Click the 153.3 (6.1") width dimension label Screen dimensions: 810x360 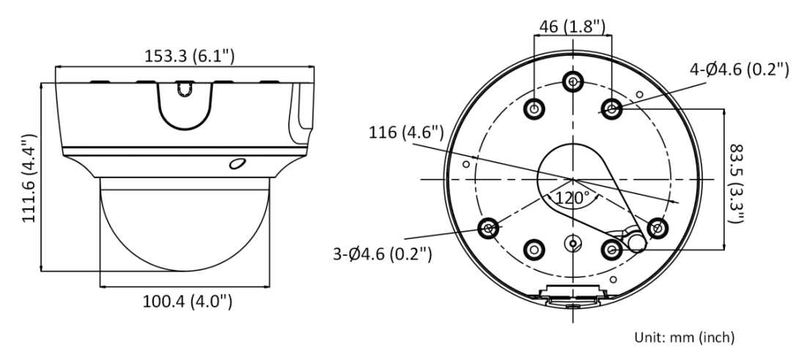coord(189,56)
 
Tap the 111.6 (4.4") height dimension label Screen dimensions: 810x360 coord(30,178)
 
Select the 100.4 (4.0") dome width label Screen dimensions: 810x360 coord(188,301)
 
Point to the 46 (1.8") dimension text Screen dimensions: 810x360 coord(572,26)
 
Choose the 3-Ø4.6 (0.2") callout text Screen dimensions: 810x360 coord(382,254)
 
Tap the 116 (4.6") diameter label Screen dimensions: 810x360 coord(406,133)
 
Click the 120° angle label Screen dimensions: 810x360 coord(572,197)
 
